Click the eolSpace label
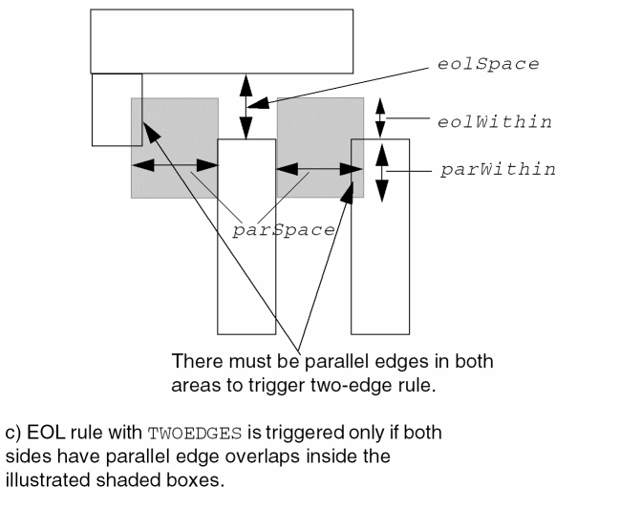click(x=488, y=65)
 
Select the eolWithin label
click(x=495, y=122)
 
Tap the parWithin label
click(x=498, y=170)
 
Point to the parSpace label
click(x=284, y=230)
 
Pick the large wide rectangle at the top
click(x=222, y=41)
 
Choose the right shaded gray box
click(x=320, y=119)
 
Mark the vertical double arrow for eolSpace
click(x=246, y=106)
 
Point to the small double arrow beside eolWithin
click(x=381, y=117)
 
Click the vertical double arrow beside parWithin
click(x=381, y=170)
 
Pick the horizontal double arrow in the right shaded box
click(x=320, y=170)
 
